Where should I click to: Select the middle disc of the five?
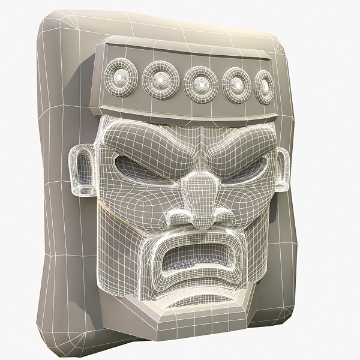200,83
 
